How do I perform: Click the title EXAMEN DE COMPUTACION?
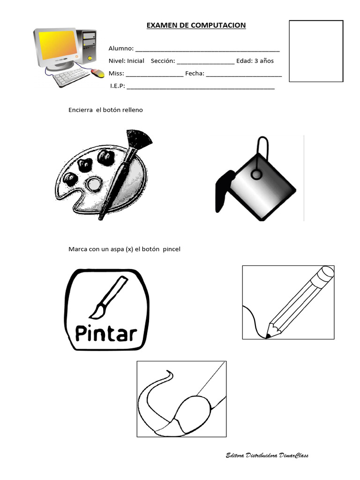coord(196,25)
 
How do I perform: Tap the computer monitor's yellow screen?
coord(58,47)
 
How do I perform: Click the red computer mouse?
coord(98,73)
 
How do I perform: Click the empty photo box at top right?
coord(315,51)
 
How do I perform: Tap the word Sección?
coord(163,61)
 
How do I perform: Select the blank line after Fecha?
coord(244,74)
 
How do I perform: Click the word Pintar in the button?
coord(106,334)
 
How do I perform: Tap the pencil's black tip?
coord(268,336)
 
